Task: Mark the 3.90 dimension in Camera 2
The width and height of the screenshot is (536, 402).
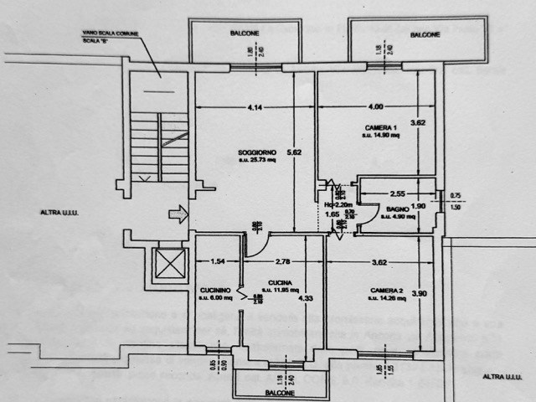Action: tap(420, 292)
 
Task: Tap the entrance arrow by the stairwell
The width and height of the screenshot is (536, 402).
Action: tap(178, 215)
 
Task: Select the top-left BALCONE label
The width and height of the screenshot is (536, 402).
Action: tap(245, 33)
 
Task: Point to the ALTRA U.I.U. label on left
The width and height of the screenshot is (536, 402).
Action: tap(58, 213)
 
